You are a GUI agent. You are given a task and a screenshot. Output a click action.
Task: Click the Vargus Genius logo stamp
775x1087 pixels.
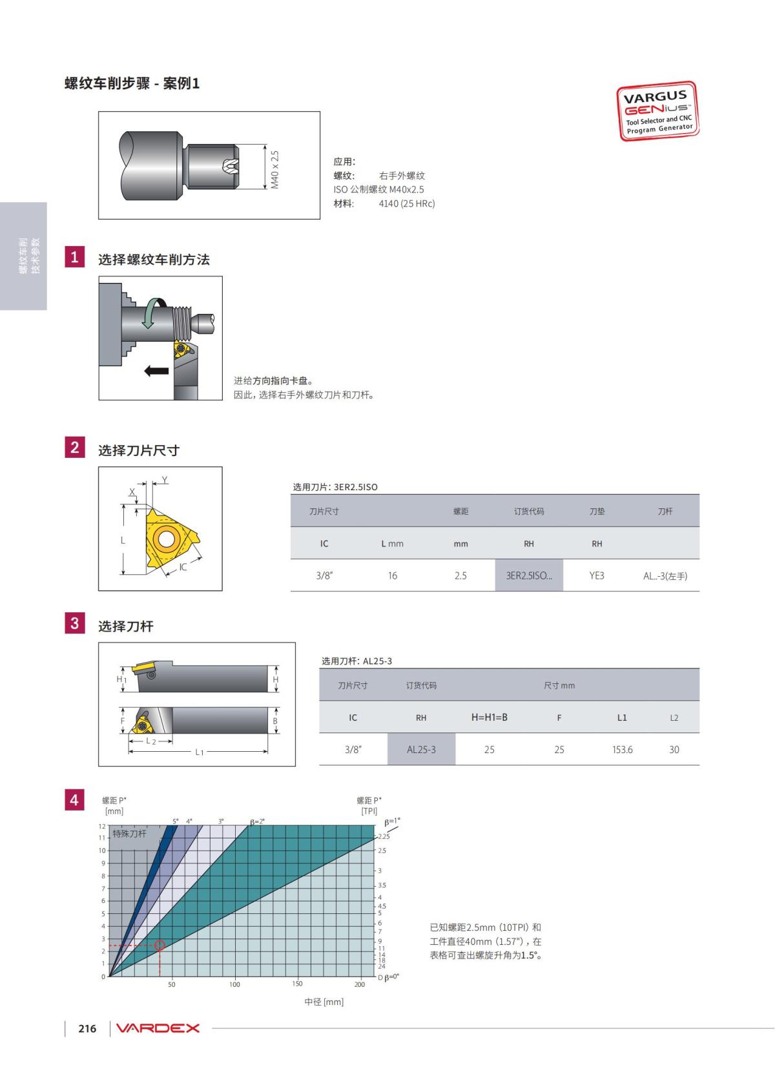tap(657, 110)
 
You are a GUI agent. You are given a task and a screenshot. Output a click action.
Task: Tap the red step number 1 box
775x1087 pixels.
tap(75, 256)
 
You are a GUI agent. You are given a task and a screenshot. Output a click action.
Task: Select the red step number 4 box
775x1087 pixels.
tap(75, 800)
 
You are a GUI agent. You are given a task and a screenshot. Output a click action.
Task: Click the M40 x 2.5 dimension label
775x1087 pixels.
tap(274, 169)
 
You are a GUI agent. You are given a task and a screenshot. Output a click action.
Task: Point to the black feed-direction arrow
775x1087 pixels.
tap(156, 371)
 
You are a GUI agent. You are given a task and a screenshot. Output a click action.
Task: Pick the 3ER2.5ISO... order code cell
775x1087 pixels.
tap(529, 575)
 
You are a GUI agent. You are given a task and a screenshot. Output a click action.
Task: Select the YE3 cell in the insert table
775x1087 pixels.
tap(596, 575)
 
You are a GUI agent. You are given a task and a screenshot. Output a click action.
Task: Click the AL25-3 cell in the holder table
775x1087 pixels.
tap(420, 749)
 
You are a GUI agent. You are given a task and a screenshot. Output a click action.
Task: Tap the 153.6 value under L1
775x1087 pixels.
tap(622, 750)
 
